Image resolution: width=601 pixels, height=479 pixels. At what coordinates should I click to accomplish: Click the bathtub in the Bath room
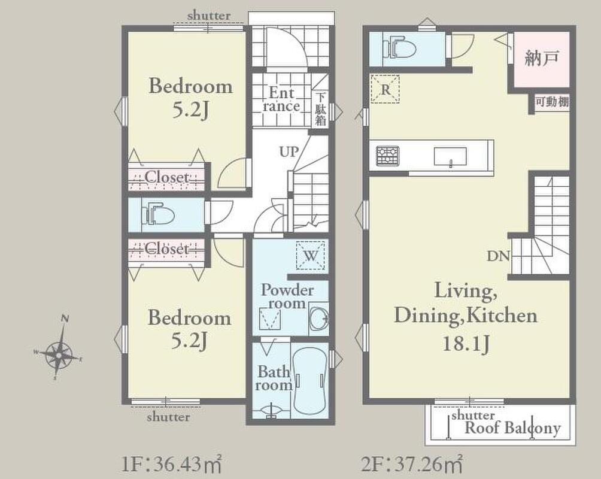pos(309,380)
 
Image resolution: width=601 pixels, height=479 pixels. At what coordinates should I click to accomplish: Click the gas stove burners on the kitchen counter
pos(387,156)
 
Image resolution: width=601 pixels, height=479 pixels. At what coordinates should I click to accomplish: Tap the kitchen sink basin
pos(450,156)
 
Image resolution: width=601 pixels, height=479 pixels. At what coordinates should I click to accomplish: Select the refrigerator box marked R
pos(386,89)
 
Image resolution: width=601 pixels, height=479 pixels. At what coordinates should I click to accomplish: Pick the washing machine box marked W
pos(311,255)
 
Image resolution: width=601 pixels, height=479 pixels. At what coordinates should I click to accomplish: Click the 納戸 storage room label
pos(542,58)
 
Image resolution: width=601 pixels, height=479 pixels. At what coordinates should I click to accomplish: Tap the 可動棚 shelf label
pos(551,102)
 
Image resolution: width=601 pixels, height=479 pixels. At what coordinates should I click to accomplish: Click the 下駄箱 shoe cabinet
pos(320,110)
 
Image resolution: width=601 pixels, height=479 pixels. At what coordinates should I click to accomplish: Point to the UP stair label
pos(289,152)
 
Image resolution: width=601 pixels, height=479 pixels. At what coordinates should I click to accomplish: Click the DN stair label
pos(498,256)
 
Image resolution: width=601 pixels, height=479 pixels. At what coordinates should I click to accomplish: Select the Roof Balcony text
pos(512,428)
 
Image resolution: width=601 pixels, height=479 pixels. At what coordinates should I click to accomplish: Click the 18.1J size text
pos(466,344)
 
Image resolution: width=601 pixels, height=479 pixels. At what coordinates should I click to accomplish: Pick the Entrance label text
pos(282,99)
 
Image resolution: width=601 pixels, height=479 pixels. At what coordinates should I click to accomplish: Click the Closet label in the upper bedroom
pos(167,177)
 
